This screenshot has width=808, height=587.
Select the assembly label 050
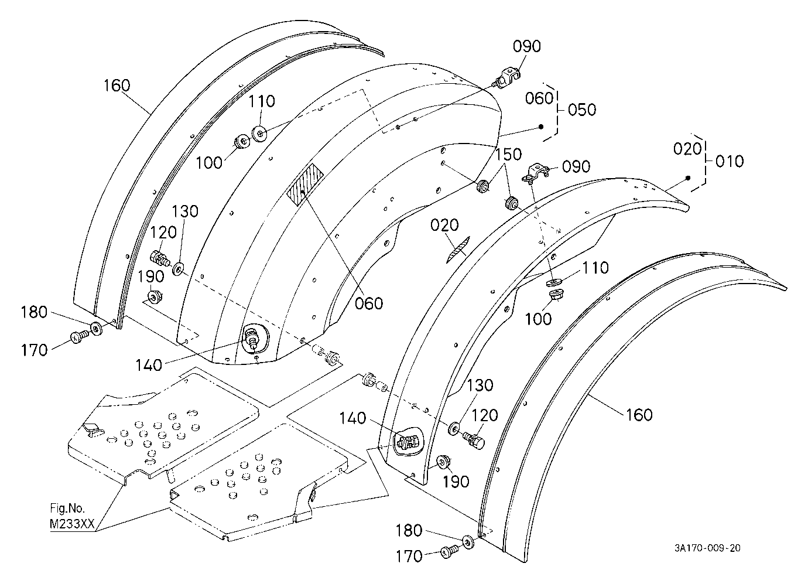pos(582,110)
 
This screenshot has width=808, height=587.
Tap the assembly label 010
pos(730,161)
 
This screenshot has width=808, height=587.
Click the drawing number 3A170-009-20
pos(707,548)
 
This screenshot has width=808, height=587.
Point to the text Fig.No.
pos(67,508)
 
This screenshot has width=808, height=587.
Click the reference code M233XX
pos(72,524)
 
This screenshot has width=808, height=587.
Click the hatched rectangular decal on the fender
pos(305,184)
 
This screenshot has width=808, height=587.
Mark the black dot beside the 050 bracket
pos(540,127)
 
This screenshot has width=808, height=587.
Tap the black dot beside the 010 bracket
pos(688,178)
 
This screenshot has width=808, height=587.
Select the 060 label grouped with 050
pos(539,98)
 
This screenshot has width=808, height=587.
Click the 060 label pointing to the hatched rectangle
pos(369,303)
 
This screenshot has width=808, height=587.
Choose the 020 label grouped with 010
pos(687,149)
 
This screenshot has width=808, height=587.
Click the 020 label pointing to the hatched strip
pos(444,226)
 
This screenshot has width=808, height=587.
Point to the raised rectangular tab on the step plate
pos(91,428)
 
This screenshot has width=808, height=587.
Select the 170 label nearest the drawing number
pos(409,557)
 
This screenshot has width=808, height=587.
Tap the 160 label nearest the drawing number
pos(639,415)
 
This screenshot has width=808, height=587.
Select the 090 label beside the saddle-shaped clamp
pos(576,166)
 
